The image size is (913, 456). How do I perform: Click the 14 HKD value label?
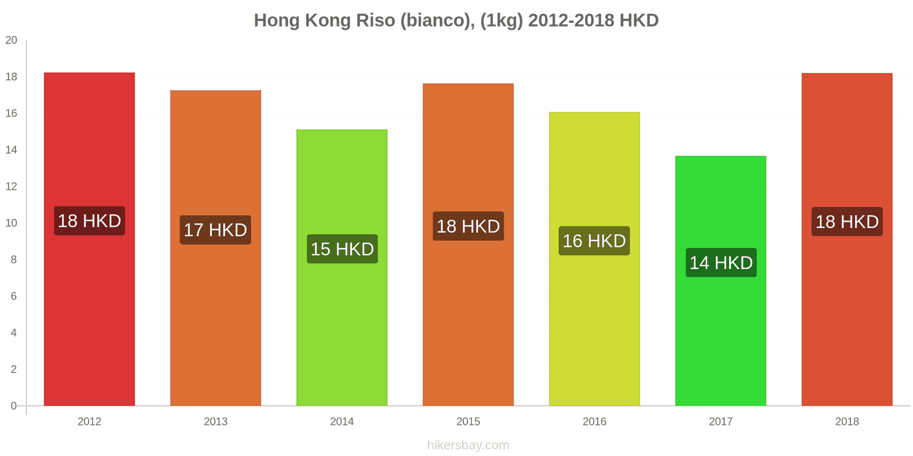click(x=721, y=263)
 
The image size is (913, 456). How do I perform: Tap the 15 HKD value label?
click(x=342, y=249)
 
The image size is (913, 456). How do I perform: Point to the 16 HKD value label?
click(x=594, y=241)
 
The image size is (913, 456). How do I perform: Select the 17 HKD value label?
click(x=215, y=230)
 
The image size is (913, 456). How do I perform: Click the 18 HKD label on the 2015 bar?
click(x=468, y=226)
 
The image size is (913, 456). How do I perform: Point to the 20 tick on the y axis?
click(x=11, y=40)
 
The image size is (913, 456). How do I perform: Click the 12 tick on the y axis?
click(x=11, y=186)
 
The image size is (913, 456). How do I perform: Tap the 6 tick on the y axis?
click(x=14, y=296)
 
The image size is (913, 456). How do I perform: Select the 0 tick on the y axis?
click(x=14, y=406)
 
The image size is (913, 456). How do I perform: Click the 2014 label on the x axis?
click(x=342, y=422)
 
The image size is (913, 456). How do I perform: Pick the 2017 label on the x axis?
click(x=720, y=422)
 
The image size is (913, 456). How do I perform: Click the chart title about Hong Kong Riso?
click(x=456, y=21)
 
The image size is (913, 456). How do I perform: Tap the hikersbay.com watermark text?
click(x=468, y=445)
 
